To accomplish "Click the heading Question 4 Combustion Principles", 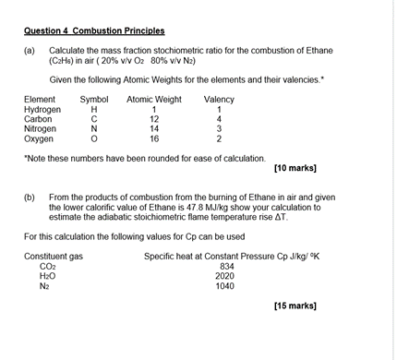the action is click(x=83, y=30).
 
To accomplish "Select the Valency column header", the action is click(x=219, y=100).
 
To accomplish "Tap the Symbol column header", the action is click(x=94, y=100).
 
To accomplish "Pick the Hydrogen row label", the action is click(x=42, y=110).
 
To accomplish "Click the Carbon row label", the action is click(x=38, y=119).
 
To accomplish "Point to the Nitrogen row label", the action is click(x=40, y=129).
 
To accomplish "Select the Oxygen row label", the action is click(x=39, y=139).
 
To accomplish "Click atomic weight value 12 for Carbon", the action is click(x=154, y=119).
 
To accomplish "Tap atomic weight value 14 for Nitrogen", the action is click(x=154, y=129).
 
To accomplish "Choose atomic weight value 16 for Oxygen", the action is click(x=154, y=139).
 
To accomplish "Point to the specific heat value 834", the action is click(x=225, y=266).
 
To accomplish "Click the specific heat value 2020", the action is click(x=225, y=275).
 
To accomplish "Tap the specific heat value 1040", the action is click(x=225, y=285).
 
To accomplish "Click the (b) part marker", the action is click(x=30, y=198).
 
